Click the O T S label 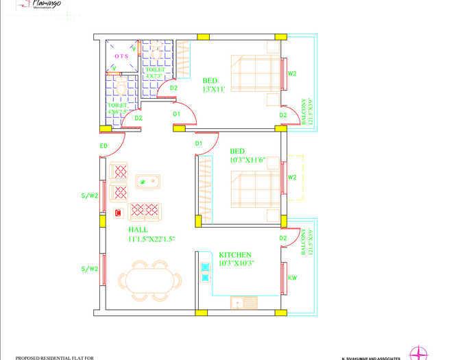click(121, 56)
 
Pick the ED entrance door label click(104, 146)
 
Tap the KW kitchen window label click(292, 278)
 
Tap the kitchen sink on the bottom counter click(241, 302)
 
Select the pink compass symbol click(419, 352)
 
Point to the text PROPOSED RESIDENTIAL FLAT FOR click(55, 357)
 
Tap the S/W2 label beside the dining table click(90, 268)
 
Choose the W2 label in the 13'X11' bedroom click(292, 73)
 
